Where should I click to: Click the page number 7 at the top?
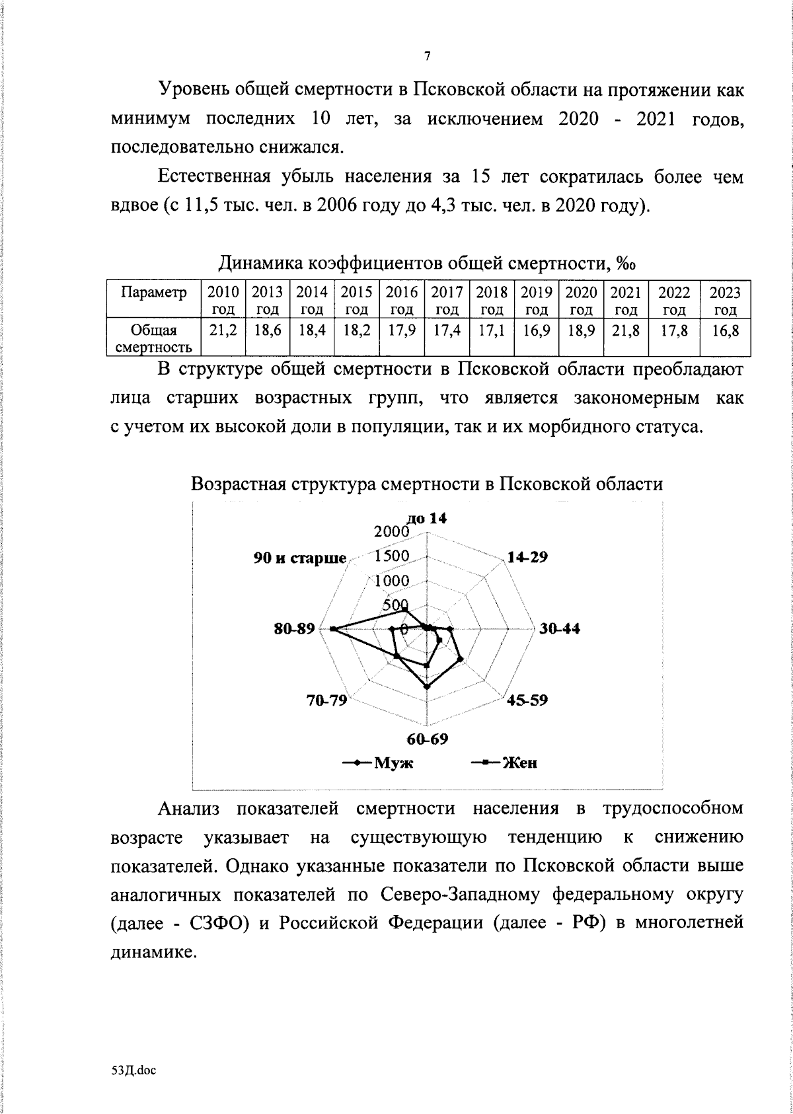click(x=427, y=56)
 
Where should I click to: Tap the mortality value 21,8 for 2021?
click(x=625, y=332)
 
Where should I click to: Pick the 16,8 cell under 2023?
click(x=725, y=332)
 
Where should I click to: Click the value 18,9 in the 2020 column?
click(x=581, y=332)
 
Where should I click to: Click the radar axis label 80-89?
click(x=295, y=629)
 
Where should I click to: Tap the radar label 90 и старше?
click(x=300, y=558)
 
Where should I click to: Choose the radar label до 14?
click(x=430, y=519)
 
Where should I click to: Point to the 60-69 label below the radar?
click(x=427, y=739)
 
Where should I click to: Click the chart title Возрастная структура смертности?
click(x=427, y=484)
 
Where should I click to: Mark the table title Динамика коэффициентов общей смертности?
click(x=427, y=264)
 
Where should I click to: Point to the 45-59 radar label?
click(x=527, y=700)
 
